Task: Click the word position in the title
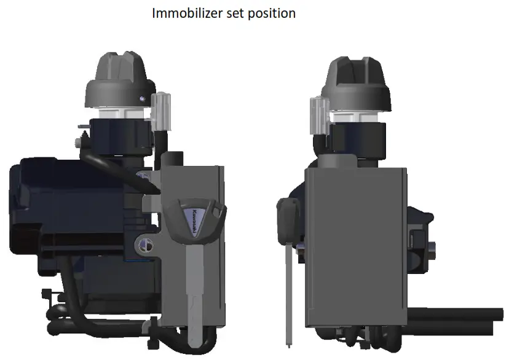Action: pos(271,13)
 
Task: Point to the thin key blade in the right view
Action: pos(288,289)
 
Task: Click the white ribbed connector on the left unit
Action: pos(162,111)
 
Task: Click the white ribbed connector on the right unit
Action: pos(318,114)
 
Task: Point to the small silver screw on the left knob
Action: pos(143,98)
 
